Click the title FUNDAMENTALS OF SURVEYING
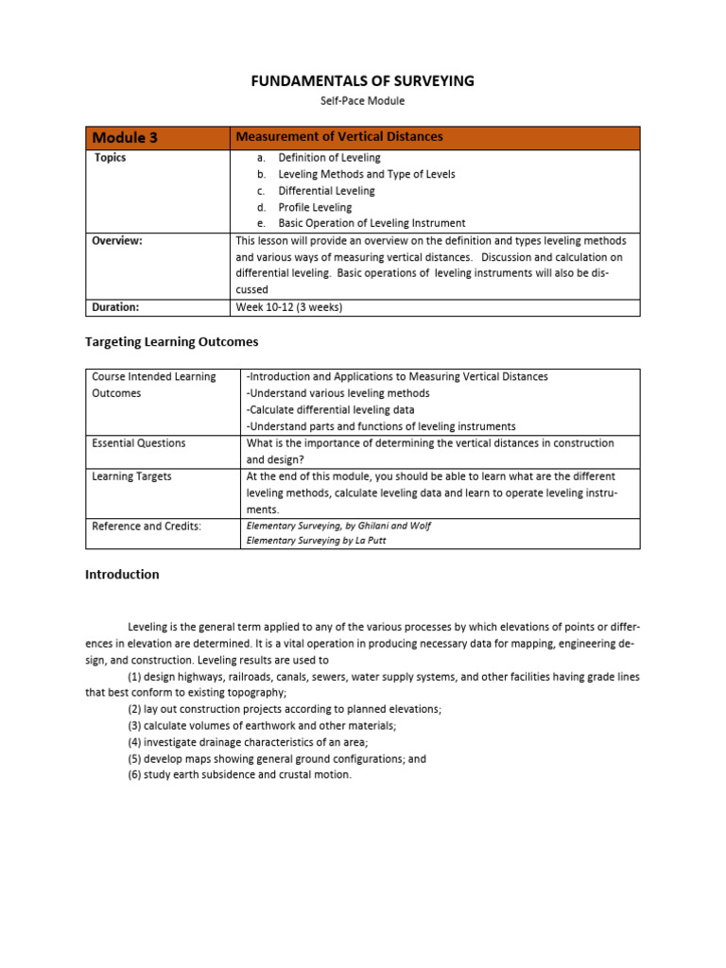coord(363,81)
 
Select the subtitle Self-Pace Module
coord(363,101)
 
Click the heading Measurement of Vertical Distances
coord(338,137)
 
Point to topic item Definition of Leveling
coord(329,158)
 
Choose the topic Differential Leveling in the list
coord(326,191)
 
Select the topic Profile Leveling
coord(315,207)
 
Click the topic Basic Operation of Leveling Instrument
coord(372,223)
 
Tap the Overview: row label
coord(117,241)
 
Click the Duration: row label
coord(115,307)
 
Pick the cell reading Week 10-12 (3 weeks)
coord(288,307)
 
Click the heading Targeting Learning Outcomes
coord(171,342)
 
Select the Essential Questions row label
coord(138,443)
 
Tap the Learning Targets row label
coord(131,476)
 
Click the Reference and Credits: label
coord(146,527)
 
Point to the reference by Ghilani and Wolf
coord(338,526)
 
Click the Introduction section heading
coord(122,575)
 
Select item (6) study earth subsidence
coord(239,775)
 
